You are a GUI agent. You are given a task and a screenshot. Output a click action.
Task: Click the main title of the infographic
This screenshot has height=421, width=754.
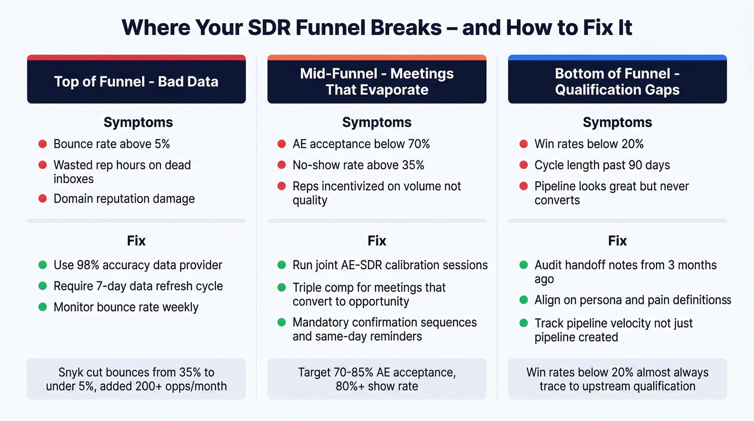coord(377,27)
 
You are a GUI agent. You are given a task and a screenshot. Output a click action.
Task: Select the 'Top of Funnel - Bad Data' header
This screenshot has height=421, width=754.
coord(136,81)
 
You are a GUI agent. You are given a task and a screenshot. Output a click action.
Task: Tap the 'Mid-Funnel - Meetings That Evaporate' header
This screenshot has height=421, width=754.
coord(377,81)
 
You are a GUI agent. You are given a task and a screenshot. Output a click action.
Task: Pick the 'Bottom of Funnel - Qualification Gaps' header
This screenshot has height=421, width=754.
coord(617,81)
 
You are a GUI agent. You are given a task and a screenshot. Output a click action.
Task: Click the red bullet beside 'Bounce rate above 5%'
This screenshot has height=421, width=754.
coord(42,144)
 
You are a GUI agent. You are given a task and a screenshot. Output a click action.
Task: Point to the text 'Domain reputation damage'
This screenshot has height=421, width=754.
coord(124,198)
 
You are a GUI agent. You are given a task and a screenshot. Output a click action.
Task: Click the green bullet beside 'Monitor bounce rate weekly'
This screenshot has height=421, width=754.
coord(42,307)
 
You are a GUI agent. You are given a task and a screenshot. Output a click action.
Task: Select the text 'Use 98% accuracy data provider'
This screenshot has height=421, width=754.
coord(138,265)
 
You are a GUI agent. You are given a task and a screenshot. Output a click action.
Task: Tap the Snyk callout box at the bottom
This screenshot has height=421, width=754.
coord(136,379)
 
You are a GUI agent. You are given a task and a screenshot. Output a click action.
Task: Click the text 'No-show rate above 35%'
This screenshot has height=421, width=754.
coord(358,165)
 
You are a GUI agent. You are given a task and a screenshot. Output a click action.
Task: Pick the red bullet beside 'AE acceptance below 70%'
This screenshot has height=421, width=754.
coord(281,144)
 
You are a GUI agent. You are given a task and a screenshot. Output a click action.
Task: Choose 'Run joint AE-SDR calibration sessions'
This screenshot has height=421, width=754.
coord(390,265)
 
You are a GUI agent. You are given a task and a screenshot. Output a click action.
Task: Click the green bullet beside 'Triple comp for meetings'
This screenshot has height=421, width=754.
coord(281,287)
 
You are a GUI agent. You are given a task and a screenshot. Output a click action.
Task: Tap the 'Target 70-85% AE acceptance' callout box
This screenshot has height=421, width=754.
coord(377,379)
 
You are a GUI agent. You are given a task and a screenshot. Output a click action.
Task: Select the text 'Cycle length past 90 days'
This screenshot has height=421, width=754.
coord(602,165)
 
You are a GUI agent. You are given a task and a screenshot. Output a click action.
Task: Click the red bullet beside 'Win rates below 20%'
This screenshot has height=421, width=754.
coord(522,144)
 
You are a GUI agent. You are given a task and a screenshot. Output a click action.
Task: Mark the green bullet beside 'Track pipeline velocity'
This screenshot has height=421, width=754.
coord(522,323)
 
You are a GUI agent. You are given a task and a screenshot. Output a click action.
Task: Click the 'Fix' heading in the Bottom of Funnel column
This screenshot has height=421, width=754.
coord(617,240)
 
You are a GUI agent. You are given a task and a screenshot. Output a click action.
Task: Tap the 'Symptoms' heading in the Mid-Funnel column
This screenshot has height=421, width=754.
coord(377,122)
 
